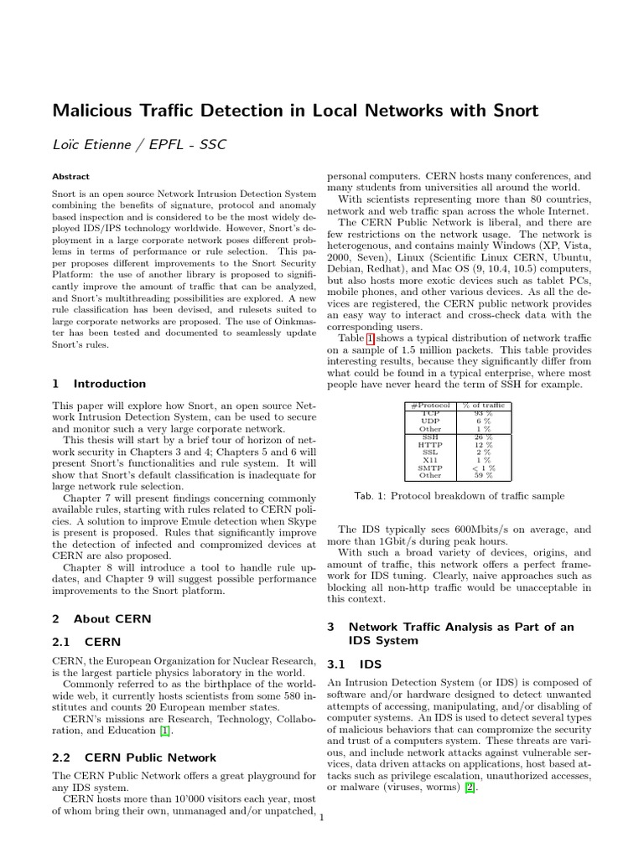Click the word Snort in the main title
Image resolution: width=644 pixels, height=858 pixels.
pos(508,110)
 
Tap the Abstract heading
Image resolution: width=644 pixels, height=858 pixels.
pos(70,178)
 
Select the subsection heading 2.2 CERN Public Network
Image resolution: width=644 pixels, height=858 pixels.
pos(134,757)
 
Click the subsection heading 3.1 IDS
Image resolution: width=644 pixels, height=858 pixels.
pos(354,664)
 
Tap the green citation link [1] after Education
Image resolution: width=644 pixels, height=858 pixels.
pos(165,731)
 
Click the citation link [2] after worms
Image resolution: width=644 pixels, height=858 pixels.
pos(471,788)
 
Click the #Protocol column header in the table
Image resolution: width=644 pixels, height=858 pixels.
pos(429,406)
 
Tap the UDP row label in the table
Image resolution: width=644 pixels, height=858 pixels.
pos(429,421)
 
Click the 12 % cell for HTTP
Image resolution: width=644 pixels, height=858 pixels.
pos(483,444)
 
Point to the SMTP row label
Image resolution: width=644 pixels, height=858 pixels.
pos(429,468)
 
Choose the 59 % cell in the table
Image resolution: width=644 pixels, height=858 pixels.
pos(483,475)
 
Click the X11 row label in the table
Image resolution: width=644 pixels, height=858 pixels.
pos(429,460)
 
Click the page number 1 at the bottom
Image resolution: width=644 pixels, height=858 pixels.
pos(322,819)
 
